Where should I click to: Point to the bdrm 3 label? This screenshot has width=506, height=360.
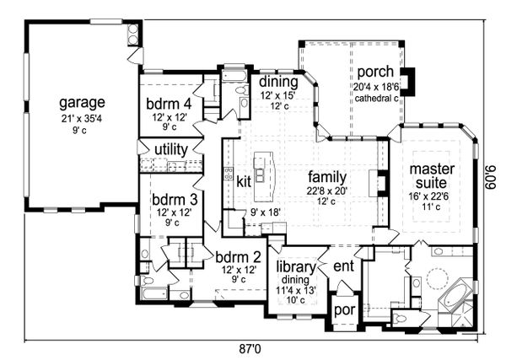(x=170, y=200)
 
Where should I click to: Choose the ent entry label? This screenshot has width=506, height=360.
(x=343, y=267)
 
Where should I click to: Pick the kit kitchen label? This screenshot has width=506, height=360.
(x=244, y=181)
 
